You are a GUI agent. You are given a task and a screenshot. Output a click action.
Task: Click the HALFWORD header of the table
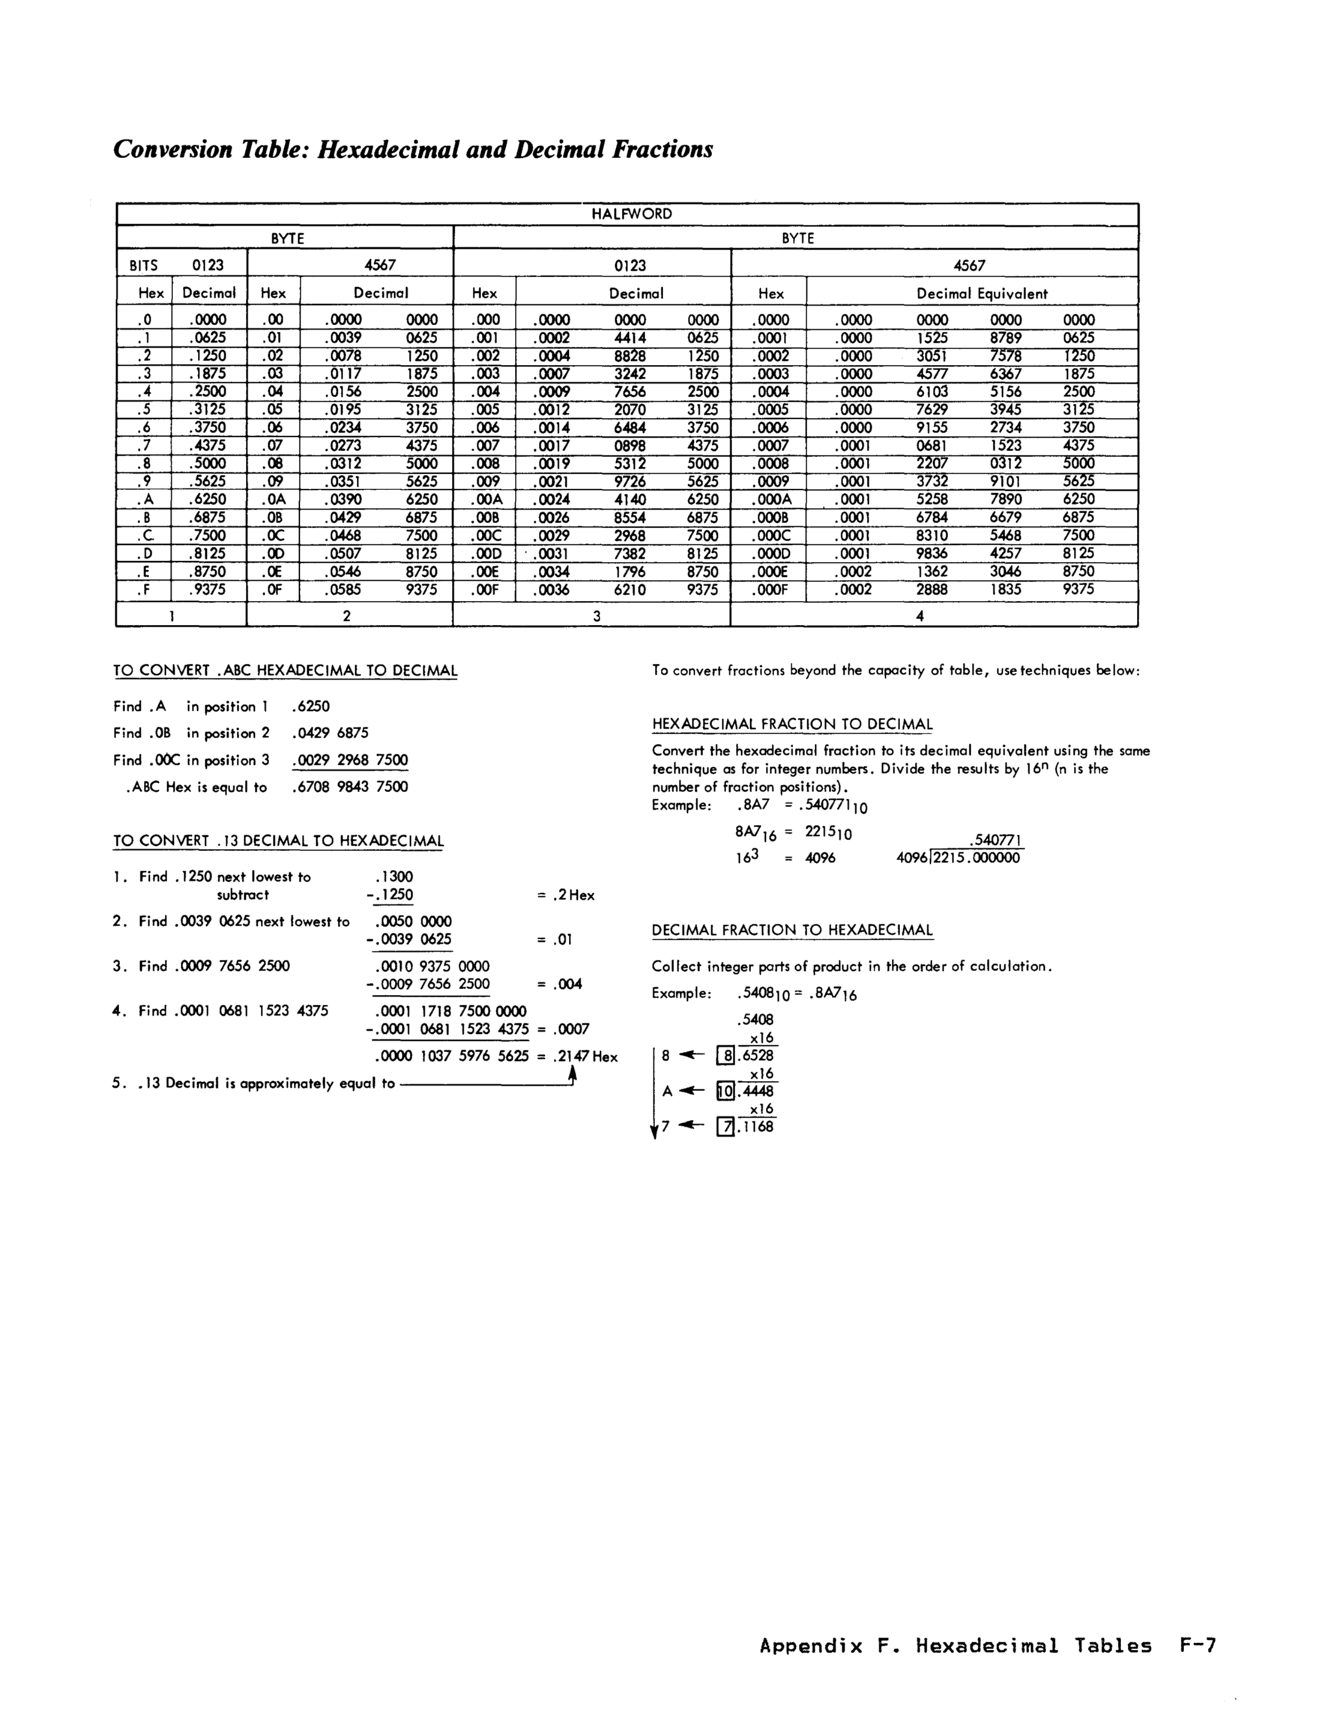point(632,214)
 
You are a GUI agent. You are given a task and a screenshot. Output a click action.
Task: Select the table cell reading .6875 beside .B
point(208,516)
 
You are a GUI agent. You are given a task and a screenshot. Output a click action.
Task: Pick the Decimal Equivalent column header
point(982,293)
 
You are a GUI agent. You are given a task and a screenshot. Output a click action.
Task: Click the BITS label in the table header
point(143,265)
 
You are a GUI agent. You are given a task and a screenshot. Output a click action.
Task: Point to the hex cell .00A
point(485,499)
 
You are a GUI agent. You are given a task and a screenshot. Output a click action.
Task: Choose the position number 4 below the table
point(920,615)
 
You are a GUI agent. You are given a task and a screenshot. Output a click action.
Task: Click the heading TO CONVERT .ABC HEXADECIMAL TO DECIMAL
point(286,670)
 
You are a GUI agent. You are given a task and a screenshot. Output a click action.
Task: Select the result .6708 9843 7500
point(350,787)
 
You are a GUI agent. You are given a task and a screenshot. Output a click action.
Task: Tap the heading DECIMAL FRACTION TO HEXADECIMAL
point(792,930)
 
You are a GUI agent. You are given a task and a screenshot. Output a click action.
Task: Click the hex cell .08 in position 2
point(273,463)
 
